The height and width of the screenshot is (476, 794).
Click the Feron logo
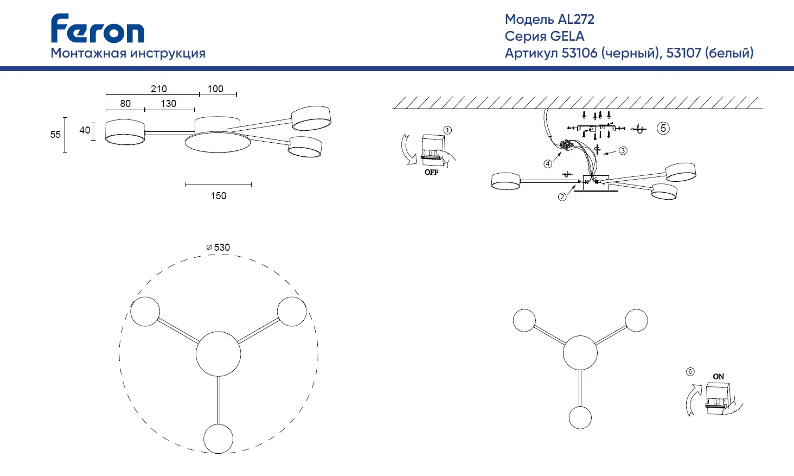coord(98,28)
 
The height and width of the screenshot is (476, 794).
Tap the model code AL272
coord(576,19)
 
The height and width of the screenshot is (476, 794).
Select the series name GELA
coord(567,36)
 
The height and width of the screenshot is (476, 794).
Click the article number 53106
coord(580,53)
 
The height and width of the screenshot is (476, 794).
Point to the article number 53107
coord(683,53)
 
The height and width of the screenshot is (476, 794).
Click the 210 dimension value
coord(158,89)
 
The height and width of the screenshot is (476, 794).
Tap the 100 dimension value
coord(215,89)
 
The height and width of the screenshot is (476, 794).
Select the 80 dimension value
coord(125,104)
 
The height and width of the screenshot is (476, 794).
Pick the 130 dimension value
coord(168,104)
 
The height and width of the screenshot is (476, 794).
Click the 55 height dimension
coord(55,135)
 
